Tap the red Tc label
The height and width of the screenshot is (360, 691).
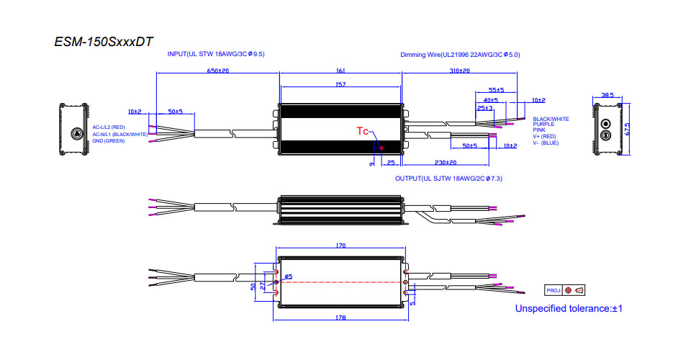pos(363,130)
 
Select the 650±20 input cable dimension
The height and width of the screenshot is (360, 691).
pos(217,71)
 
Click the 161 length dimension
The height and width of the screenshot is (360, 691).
pos(340,71)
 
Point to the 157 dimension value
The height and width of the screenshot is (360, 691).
pos(340,85)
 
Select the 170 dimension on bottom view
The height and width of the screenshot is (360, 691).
pos(340,246)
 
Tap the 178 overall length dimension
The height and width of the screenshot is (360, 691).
pos(340,318)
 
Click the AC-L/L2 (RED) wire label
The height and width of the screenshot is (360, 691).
pos(109,127)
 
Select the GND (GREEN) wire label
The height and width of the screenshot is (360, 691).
pos(109,141)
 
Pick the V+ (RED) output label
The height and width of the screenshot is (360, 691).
pos(545,136)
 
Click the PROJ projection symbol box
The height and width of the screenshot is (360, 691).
pos(565,290)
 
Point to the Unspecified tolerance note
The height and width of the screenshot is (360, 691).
pos(568,309)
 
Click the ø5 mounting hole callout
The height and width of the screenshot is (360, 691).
pos(288,276)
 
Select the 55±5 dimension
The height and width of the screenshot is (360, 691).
pos(496,90)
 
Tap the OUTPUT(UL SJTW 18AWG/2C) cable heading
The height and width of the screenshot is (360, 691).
pos(448,178)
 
